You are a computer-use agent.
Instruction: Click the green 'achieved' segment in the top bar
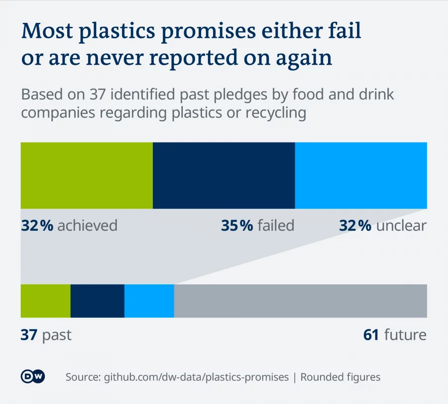click(87, 175)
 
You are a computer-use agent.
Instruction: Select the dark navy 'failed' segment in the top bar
click(224, 175)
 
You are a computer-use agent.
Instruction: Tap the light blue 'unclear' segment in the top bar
click(361, 175)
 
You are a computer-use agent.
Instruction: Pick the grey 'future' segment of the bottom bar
click(300, 301)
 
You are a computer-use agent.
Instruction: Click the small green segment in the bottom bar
click(45, 301)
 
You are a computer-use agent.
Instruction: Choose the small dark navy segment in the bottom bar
click(98, 301)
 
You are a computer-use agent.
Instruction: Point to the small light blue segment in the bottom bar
click(149, 301)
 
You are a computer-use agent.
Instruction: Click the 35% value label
click(237, 226)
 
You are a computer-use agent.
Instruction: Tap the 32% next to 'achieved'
click(37, 226)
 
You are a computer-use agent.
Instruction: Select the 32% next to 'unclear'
click(355, 226)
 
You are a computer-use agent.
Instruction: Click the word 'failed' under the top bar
click(276, 226)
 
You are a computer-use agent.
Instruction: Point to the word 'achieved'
click(88, 226)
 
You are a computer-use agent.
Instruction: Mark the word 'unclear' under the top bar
click(401, 226)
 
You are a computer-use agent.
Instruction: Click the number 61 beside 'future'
click(371, 335)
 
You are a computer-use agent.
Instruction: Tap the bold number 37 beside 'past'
click(29, 335)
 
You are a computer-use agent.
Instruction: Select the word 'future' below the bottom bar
click(405, 335)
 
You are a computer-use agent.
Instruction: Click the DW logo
click(33, 377)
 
